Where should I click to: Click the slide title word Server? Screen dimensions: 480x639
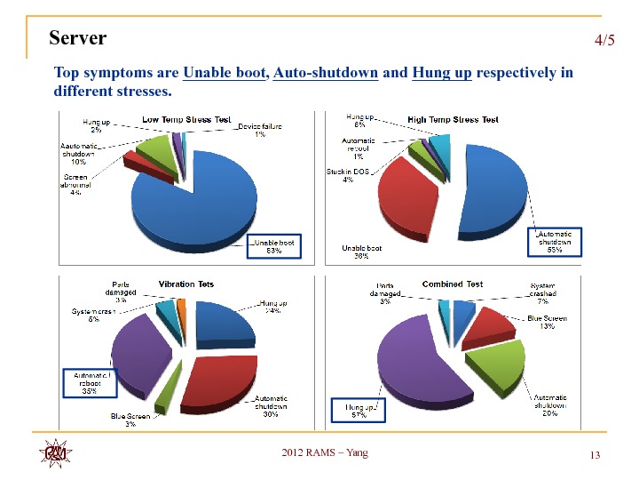pyautogui.click(x=78, y=38)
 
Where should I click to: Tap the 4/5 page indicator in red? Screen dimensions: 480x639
pyautogui.click(x=603, y=41)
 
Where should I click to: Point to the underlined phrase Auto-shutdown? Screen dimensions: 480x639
pyautogui.click(x=327, y=72)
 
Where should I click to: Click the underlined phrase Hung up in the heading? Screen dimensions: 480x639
pyautogui.click(x=442, y=72)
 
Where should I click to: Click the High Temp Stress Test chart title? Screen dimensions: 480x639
pyautogui.click(x=453, y=119)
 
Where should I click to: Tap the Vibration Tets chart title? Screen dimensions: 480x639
pyautogui.click(x=186, y=284)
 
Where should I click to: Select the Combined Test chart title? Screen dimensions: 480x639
pyautogui.click(x=453, y=284)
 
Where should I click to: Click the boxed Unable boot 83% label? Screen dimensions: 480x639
pyautogui.click(x=274, y=246)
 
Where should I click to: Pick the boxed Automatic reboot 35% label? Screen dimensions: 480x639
pyautogui.click(x=89, y=383)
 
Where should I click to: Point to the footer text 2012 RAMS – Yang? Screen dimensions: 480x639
pyautogui.click(x=324, y=453)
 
